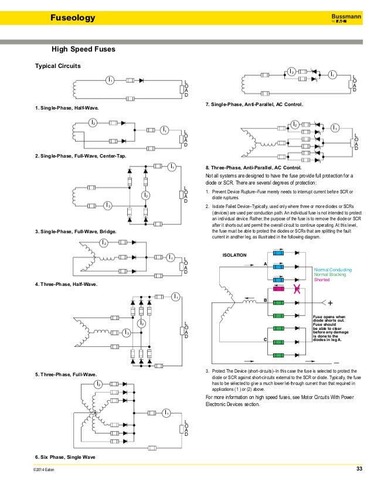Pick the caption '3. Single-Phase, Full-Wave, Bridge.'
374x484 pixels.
76,233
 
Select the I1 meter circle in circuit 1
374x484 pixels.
110,80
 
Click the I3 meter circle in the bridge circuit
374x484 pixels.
107,205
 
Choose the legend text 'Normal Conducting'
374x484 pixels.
333,270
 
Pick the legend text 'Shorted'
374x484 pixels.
323,280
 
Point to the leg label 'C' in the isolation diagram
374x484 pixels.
266,340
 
